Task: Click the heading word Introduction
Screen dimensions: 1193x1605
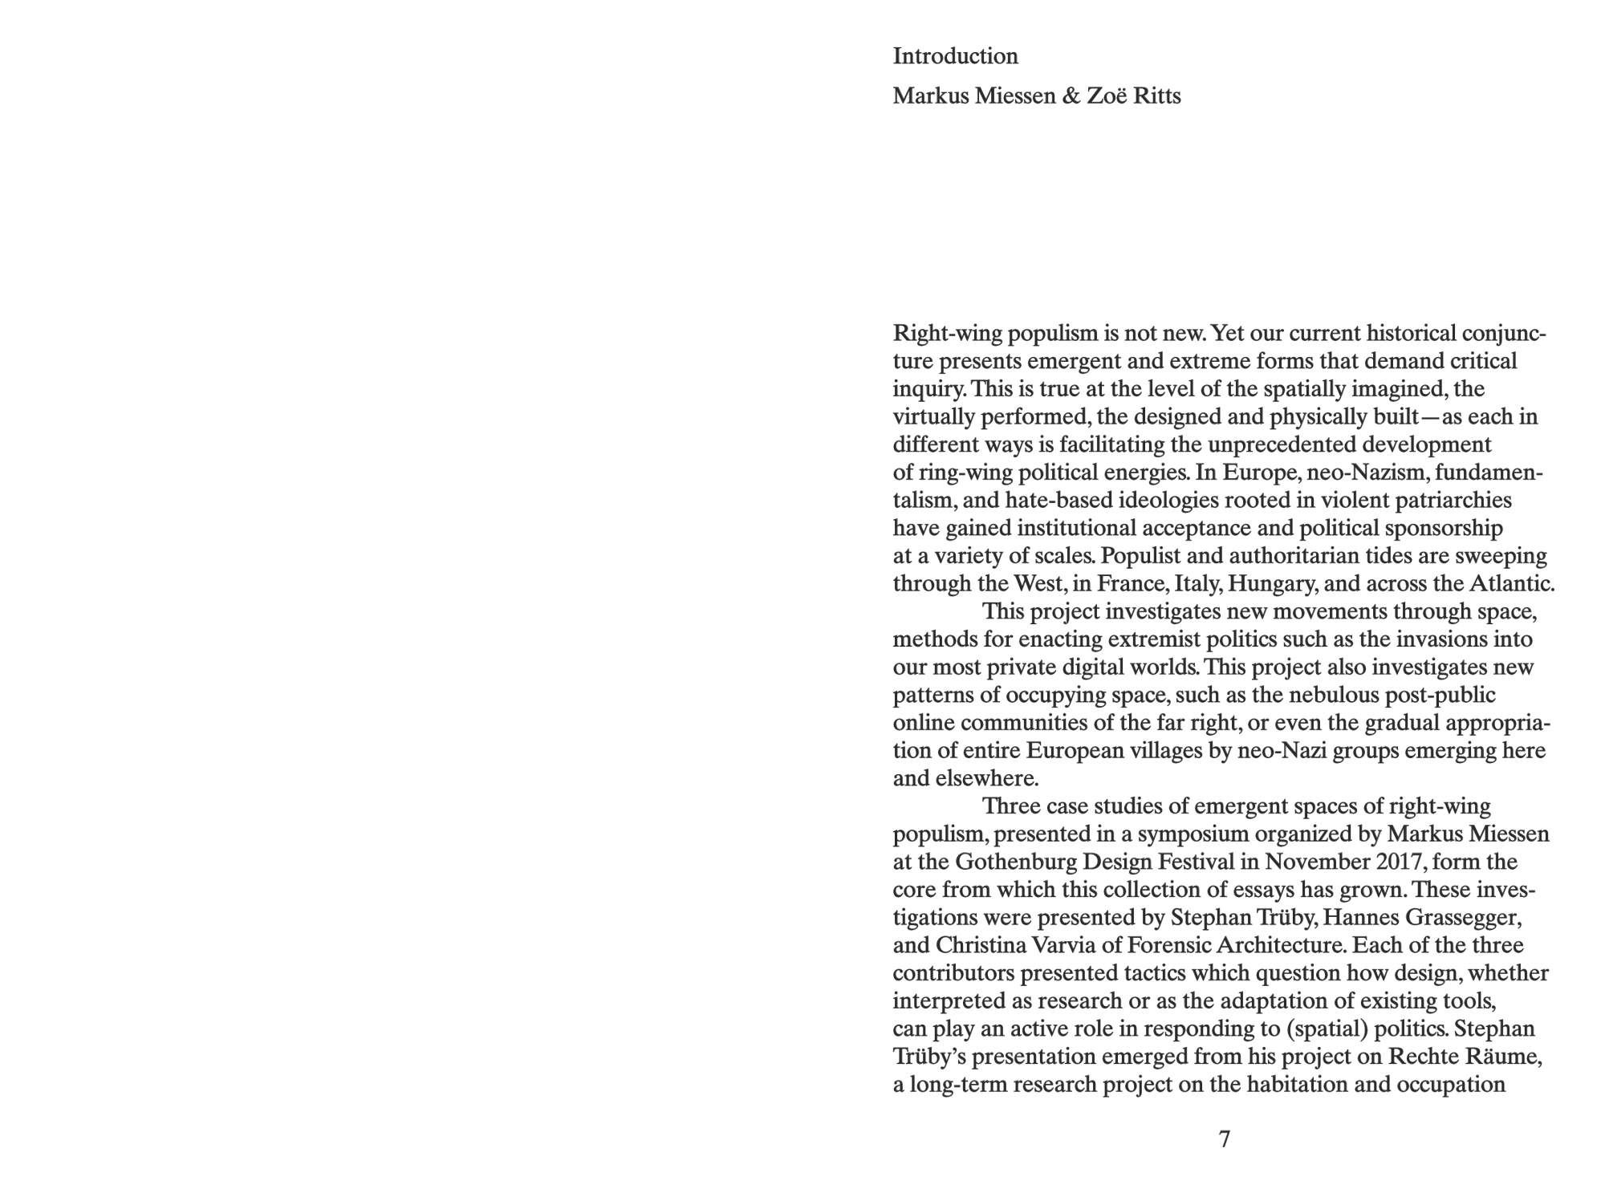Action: click(x=955, y=56)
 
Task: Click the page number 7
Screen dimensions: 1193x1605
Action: click(x=1224, y=1139)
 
